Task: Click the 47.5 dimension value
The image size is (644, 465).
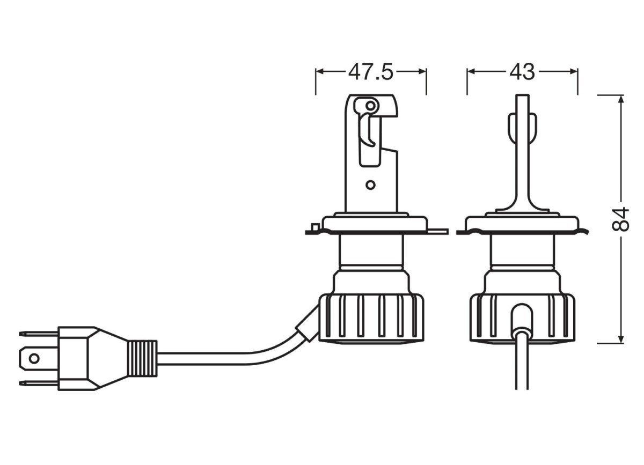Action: (x=370, y=72)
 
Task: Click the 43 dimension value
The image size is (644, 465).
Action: (x=522, y=72)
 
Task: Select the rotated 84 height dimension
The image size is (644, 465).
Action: (x=620, y=219)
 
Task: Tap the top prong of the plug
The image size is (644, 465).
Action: (x=38, y=334)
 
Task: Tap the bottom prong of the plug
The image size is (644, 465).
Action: (x=38, y=383)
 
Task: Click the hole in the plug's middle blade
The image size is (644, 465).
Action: (x=34, y=359)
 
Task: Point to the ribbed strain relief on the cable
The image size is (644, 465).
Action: (x=143, y=359)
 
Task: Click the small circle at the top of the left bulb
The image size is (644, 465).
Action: (x=371, y=106)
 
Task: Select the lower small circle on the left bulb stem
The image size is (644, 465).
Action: (x=371, y=185)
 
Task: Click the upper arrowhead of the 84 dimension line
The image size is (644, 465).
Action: (x=621, y=99)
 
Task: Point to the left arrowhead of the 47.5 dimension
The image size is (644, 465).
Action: (x=320, y=72)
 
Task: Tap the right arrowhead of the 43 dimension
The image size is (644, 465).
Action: (x=574, y=72)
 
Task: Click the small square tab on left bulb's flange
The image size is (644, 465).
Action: (x=315, y=227)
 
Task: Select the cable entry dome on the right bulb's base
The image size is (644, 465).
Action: (x=522, y=320)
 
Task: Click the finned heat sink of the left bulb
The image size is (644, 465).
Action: (x=371, y=318)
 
